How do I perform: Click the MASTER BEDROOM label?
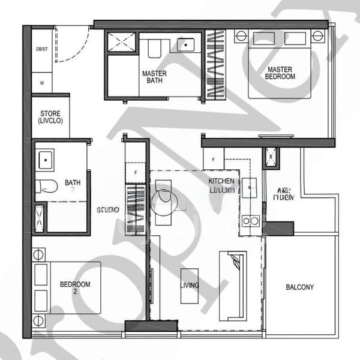coord(280,73)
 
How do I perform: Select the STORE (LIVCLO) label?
coord(50,117)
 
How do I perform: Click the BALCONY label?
coord(299,287)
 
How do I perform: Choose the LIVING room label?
coord(190,286)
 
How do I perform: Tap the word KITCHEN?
coord(221,181)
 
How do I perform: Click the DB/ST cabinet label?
coord(41,50)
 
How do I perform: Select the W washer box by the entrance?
coord(41,82)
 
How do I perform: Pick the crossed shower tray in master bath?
coord(122,43)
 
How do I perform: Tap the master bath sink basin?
coord(185,44)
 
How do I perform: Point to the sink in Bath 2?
coord(45,160)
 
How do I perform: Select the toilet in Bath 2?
coord(46,186)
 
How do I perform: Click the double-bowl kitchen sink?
coord(250,221)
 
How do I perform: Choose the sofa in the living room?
coord(233,286)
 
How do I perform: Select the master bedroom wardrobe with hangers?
coord(215,64)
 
